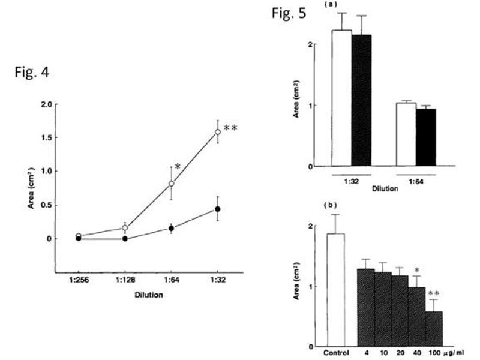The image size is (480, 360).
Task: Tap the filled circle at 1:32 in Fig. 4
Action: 218,209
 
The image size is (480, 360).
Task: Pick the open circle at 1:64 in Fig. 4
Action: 171,184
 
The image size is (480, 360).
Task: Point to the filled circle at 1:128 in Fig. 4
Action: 125,238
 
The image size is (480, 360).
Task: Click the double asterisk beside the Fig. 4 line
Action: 231,128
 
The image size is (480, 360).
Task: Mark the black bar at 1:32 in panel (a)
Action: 362,100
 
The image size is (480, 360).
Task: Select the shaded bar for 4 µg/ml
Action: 366,307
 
